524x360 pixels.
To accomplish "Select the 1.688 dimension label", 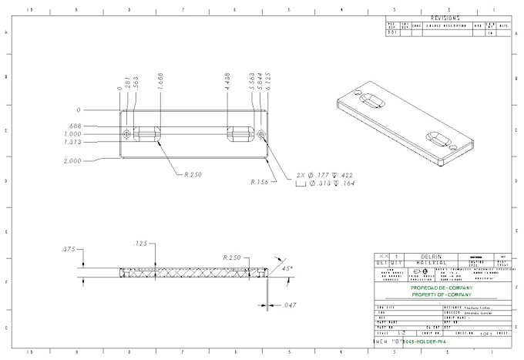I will pyautogui.click(x=160, y=84).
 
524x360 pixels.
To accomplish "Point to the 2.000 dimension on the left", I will pyautogui.click(x=73, y=161).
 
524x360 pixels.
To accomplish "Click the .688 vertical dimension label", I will pyautogui.click(x=75, y=126).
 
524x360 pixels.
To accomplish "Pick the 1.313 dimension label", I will pyautogui.click(x=73, y=142).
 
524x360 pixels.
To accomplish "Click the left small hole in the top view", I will pyautogui.click(x=126, y=135).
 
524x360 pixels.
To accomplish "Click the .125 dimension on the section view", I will pyautogui.click(x=141, y=244).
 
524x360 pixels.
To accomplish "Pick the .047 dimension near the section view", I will pyautogui.click(x=289, y=305).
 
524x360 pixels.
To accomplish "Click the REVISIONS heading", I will pyautogui.click(x=445, y=18).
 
